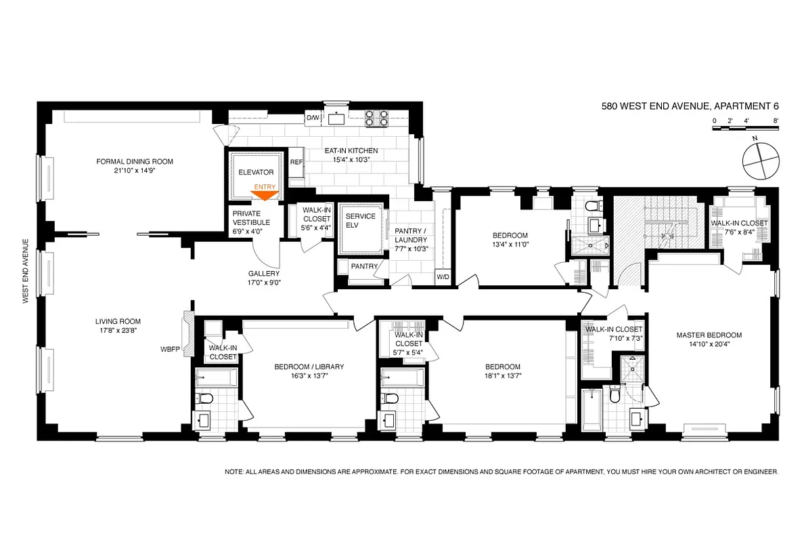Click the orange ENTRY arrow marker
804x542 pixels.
point(265,196)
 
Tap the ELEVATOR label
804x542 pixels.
point(256,173)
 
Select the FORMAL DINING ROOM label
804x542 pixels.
point(135,161)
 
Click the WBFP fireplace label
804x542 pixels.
point(169,350)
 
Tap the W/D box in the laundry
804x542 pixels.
point(443,277)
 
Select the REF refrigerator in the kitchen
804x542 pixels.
point(296,163)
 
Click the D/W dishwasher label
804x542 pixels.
point(312,118)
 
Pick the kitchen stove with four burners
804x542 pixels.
point(377,119)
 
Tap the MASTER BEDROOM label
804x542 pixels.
point(709,335)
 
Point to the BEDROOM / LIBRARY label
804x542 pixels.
point(309,367)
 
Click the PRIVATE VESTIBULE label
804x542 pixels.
point(251,217)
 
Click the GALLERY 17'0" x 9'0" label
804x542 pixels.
point(263,278)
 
